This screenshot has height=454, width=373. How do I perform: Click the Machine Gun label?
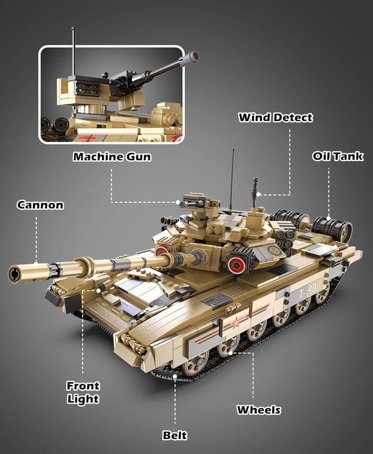(112, 156)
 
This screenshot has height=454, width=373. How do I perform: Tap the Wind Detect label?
(276, 117)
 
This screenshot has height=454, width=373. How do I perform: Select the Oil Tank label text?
(338, 156)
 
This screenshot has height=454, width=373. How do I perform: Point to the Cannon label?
(40, 205)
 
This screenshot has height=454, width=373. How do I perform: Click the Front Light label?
(83, 392)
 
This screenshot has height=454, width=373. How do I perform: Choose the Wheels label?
(259, 410)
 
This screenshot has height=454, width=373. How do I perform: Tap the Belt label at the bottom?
(175, 435)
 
